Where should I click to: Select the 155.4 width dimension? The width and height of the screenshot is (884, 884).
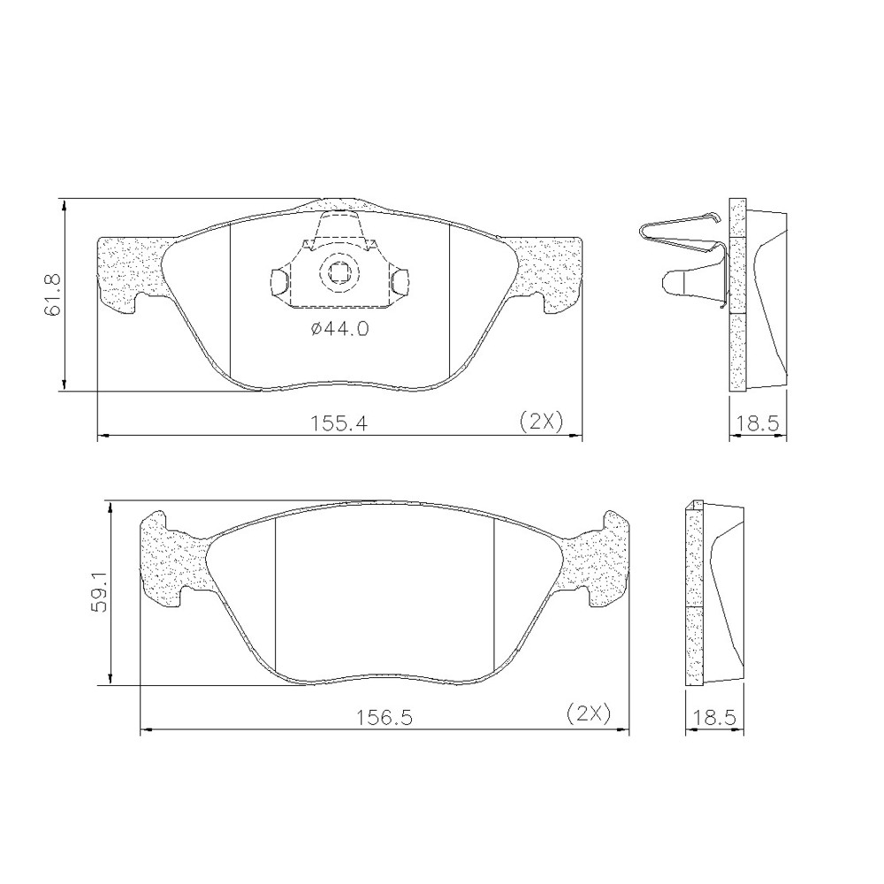pos(339,423)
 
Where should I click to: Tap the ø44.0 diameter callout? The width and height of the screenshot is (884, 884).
pos(340,329)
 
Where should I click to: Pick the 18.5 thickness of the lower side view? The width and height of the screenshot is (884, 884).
pos(714,718)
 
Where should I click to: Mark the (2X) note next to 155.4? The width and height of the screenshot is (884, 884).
pos(541,422)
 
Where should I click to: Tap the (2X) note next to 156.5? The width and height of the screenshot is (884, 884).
pos(589,715)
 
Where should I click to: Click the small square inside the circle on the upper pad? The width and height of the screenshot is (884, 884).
pos(339,273)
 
